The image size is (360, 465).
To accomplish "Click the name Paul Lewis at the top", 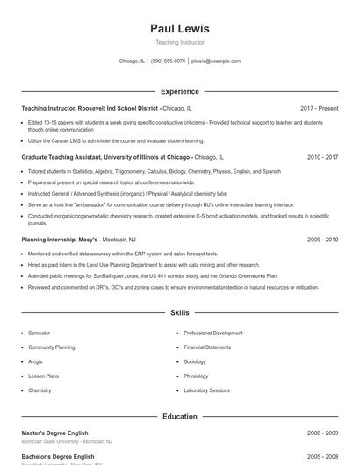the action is coord(180,29).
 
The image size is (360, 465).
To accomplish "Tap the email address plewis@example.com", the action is coord(215,61).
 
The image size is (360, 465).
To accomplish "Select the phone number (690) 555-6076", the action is coord(168,61).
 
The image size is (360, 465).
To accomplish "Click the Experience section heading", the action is coord(180,91).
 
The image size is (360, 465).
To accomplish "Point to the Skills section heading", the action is coord(180,312).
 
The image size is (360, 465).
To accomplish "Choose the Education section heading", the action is coord(180,416).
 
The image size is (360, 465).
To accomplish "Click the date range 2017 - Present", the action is coord(319,108).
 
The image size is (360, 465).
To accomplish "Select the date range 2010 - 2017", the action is coord(322,156).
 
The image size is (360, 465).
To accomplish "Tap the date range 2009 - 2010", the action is coord(322,239).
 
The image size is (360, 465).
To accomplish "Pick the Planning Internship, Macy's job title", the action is coord(61,239).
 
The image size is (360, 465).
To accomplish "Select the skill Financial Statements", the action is coord(207,347).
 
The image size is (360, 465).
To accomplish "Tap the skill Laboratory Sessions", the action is coord(207,390).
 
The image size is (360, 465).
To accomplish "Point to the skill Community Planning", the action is coord(51,347).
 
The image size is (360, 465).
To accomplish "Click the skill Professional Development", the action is coord(213,333).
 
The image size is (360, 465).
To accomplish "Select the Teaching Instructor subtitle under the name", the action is coord(180,42).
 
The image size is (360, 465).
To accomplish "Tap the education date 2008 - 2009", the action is coord(322,433).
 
